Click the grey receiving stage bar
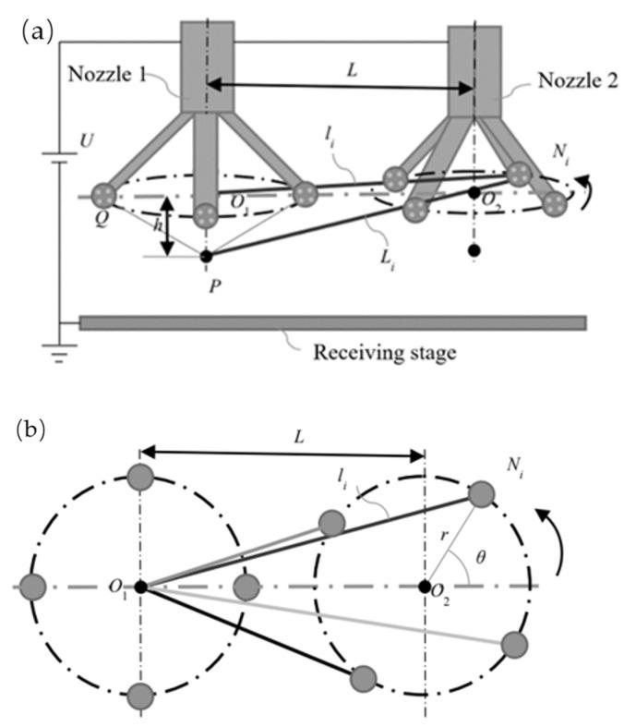[x=332, y=322]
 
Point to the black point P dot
[x=206, y=255]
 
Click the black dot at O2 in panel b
[x=425, y=587]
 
